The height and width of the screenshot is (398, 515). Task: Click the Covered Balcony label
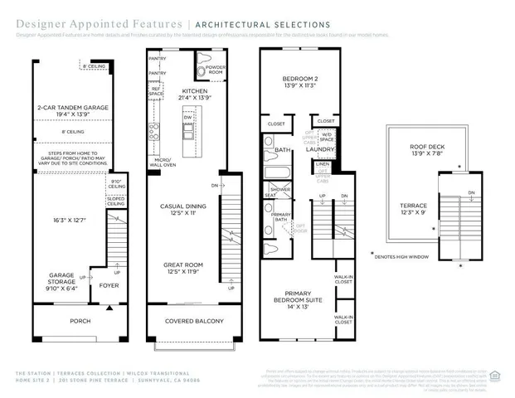pos(192,321)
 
